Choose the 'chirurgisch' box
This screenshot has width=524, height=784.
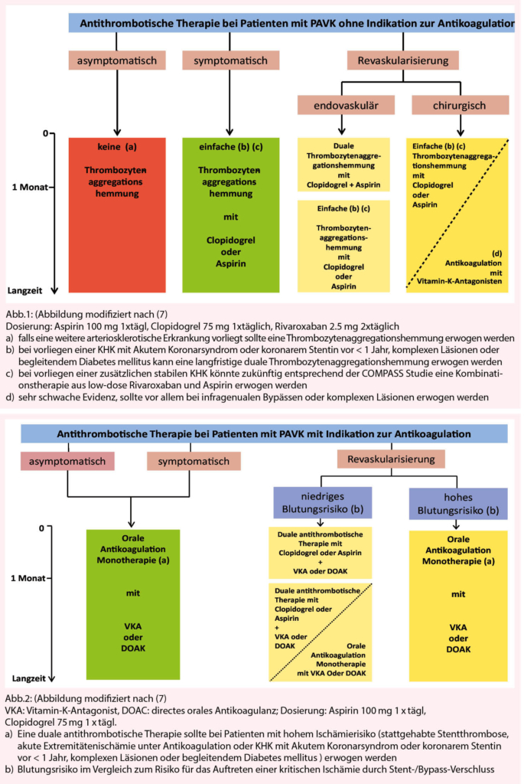459,105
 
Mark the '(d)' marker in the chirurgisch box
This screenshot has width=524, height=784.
496,253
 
